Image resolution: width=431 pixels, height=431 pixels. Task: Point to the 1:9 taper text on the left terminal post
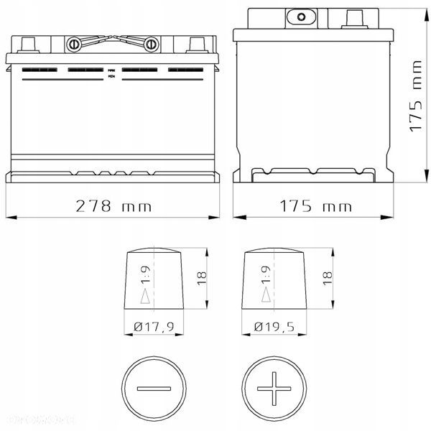coord(147,274)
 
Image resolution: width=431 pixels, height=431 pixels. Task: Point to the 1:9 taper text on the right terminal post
coord(267,274)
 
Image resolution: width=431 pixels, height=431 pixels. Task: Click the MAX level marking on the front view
coord(111,69)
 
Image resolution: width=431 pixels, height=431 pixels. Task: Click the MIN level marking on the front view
coord(111,75)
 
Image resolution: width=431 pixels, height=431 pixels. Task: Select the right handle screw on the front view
coord(151,45)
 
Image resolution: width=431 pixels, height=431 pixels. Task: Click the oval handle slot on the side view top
coord(301,16)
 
